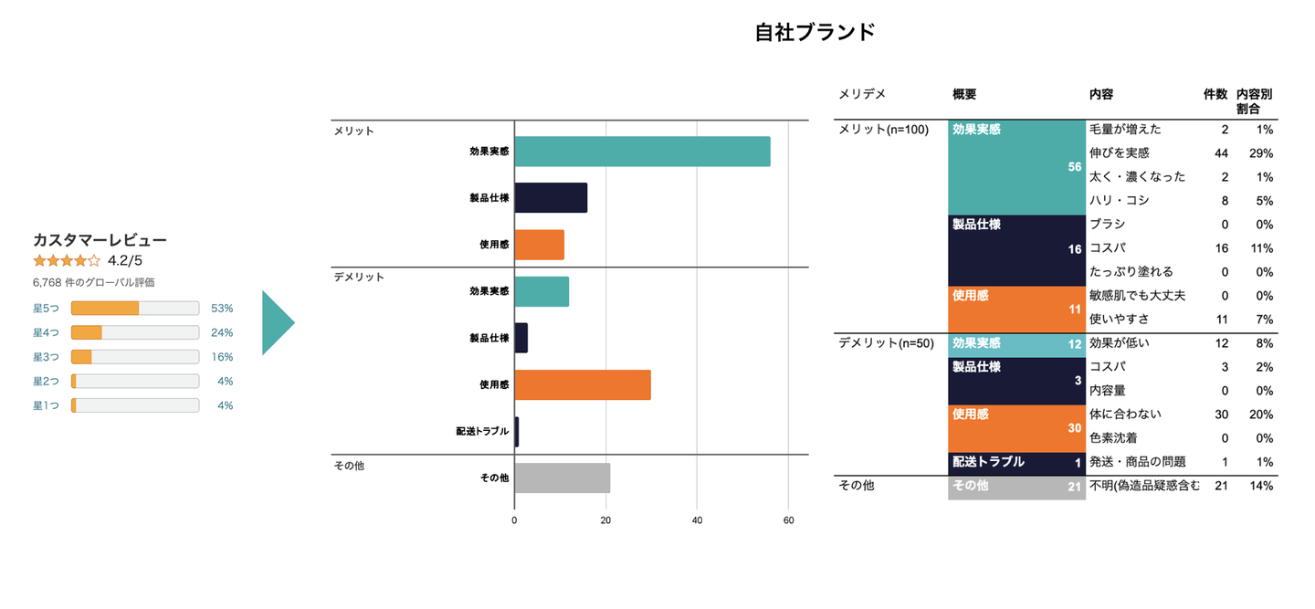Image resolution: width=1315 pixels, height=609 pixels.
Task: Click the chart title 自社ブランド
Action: [815, 32]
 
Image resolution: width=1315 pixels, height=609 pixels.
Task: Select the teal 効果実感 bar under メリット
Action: [642, 152]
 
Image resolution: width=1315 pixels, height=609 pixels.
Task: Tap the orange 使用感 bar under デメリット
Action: [583, 385]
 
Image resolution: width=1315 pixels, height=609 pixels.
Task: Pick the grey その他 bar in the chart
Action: [562, 478]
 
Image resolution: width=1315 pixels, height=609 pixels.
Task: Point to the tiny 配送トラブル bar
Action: [517, 432]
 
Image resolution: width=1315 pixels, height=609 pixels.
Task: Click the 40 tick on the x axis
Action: [697, 520]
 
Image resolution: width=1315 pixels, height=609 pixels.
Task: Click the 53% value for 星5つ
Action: [222, 309]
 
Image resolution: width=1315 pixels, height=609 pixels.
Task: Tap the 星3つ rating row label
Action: [46, 357]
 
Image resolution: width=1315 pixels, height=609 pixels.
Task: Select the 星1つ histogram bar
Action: [135, 405]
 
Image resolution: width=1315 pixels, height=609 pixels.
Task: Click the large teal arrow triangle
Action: [276, 322]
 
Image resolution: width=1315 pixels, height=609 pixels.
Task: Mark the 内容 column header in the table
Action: [1101, 94]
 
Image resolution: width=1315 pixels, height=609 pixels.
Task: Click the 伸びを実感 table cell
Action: [1119, 152]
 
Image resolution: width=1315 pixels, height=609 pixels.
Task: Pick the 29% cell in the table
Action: [1262, 152]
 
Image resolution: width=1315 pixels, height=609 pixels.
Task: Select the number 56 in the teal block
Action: [1074, 167]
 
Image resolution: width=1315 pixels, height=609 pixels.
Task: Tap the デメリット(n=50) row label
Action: [886, 343]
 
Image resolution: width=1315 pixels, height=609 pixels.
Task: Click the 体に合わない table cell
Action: [1125, 415]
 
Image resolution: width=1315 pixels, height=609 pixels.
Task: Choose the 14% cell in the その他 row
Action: [1262, 486]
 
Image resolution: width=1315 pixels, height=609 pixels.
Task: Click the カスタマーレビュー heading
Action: [100, 240]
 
